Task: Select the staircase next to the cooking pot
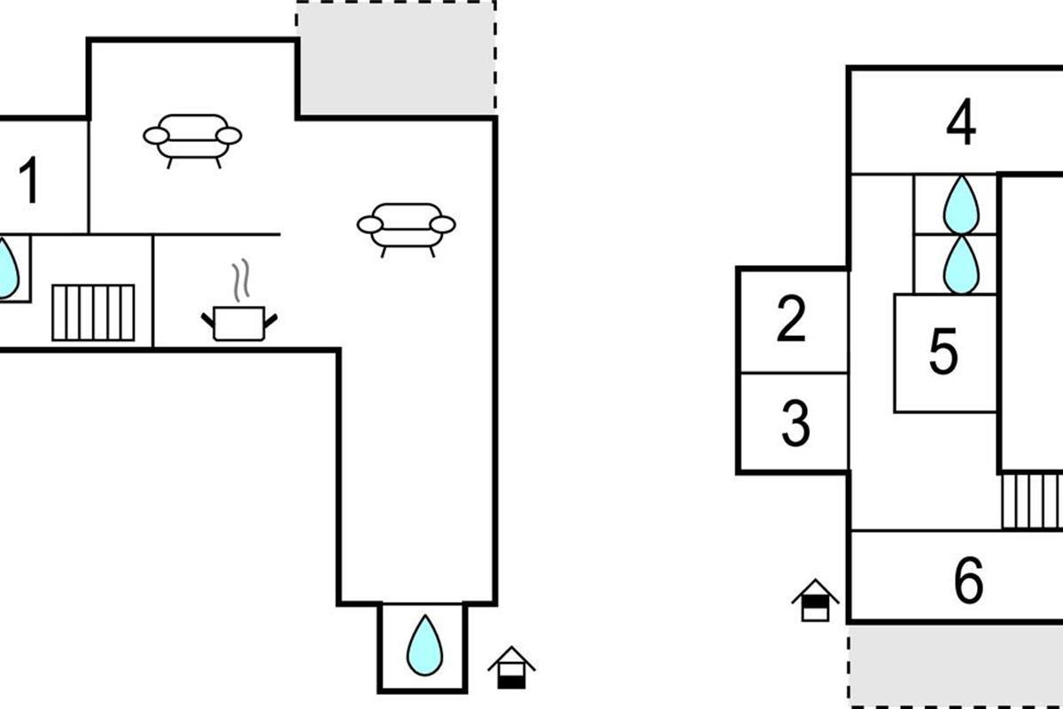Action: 93,312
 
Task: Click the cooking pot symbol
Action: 239,322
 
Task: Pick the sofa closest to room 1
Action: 192,138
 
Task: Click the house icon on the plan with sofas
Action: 511,667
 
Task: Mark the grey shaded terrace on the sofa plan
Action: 396,58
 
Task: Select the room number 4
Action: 960,123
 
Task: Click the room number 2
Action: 791,320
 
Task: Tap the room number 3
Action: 795,424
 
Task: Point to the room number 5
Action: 943,352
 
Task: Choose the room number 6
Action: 968,581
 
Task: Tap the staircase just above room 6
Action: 1032,501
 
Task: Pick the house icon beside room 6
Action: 815,600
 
